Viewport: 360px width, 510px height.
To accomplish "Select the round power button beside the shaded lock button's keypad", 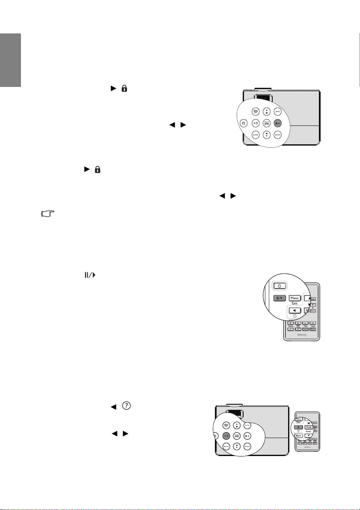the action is (x=243, y=123).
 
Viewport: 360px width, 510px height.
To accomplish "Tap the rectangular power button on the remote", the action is (x=279, y=286).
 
